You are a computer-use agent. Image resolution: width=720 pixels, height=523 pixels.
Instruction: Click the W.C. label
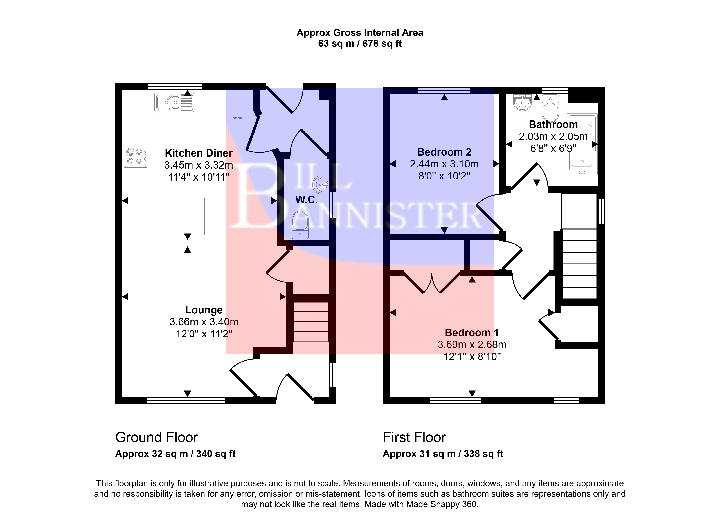pos(306,199)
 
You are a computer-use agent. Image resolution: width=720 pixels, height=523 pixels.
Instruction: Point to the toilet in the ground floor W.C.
pos(300,225)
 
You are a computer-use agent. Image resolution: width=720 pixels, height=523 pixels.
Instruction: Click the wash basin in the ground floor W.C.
pos(321,184)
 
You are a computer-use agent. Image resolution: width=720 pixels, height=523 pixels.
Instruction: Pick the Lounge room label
pos(204,310)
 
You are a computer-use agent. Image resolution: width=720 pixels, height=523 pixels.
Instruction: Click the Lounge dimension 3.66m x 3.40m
pos(204,322)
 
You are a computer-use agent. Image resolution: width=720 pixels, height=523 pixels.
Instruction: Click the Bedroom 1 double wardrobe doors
pos(432,283)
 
